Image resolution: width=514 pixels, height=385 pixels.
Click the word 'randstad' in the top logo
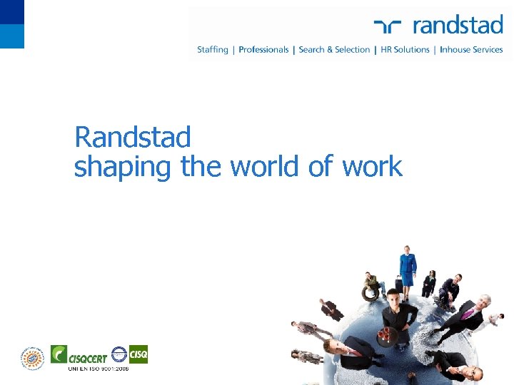coord(458,26)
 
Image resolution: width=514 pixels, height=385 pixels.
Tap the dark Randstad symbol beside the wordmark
coord(390,26)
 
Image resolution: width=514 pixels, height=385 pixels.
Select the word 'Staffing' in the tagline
coord(213,50)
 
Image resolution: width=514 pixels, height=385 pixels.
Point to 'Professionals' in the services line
coord(263,50)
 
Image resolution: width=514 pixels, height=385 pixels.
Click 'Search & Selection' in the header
coord(334,50)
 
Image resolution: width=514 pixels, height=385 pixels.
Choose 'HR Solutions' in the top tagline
coord(405,50)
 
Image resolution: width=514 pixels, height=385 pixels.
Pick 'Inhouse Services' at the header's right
coord(471,50)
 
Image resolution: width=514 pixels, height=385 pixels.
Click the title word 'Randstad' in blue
coord(133,136)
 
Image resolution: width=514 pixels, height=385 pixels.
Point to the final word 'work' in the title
coord(372,167)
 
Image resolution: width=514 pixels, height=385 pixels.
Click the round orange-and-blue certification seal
coord(32,357)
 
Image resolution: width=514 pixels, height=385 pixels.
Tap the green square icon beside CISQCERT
coord(59,354)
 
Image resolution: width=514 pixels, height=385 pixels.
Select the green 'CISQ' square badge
coord(138,354)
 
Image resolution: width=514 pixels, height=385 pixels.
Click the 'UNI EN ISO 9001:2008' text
coord(99,369)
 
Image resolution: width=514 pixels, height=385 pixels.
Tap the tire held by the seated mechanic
coord(370,292)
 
